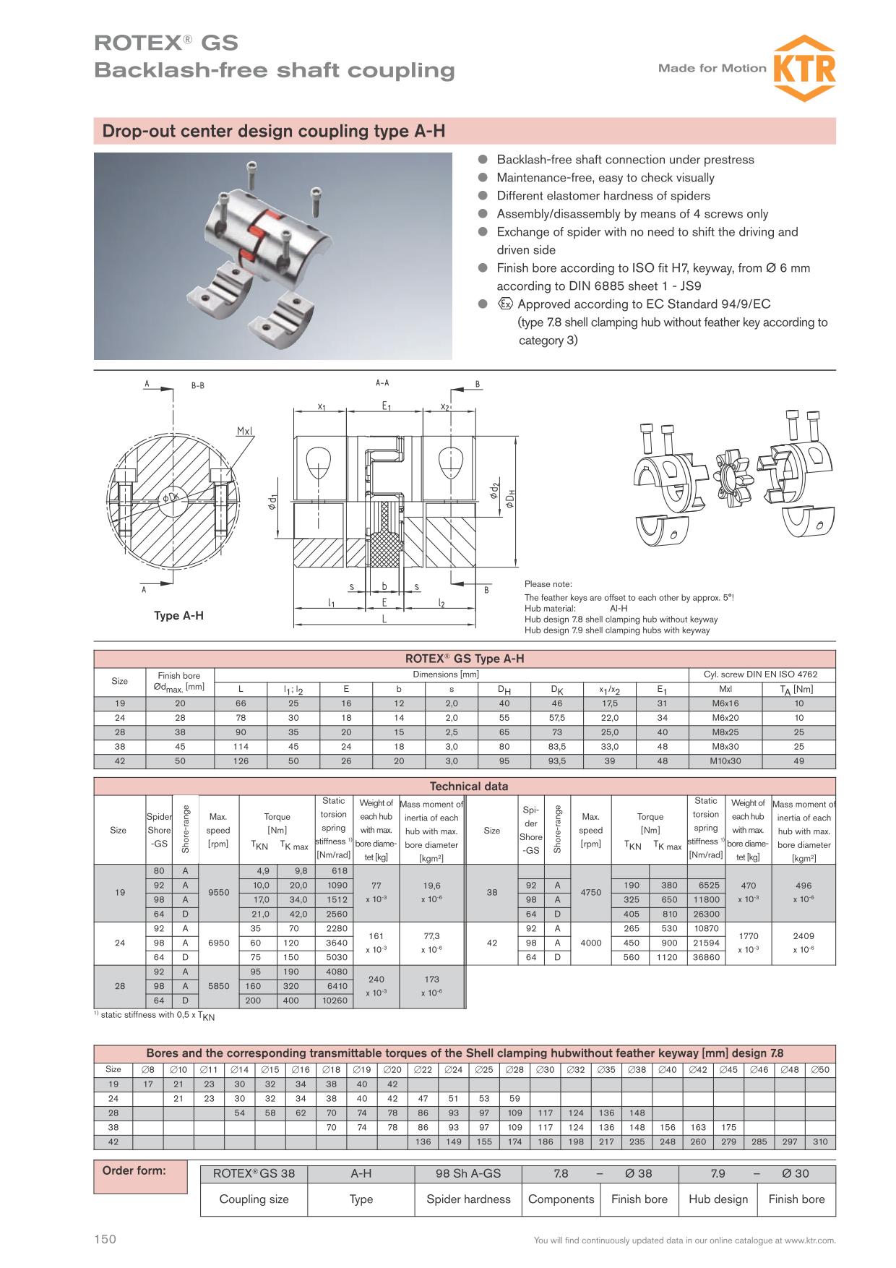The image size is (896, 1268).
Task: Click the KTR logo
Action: [x=804, y=69]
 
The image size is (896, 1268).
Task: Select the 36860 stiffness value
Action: [x=705, y=957]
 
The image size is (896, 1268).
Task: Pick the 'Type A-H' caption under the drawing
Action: [x=178, y=616]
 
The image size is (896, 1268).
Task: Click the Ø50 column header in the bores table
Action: [x=820, y=1069]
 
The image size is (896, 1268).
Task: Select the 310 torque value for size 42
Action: [x=820, y=1142]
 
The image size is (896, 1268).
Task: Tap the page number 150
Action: [x=105, y=1240]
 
